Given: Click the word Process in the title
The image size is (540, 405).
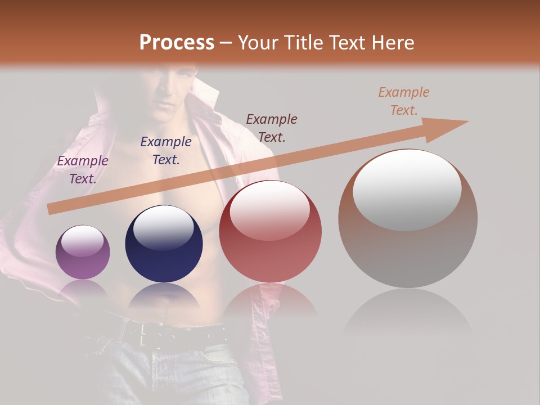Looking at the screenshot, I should [x=177, y=42].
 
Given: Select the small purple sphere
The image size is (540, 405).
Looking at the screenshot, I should [x=83, y=253].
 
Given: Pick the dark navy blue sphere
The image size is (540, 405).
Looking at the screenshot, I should [x=164, y=245].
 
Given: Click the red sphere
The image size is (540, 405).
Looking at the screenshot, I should [x=270, y=232].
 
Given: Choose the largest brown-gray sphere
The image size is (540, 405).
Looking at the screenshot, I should [x=408, y=219].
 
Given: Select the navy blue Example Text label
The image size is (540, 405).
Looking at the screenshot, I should [x=166, y=151].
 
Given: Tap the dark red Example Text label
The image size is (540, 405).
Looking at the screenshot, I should [x=272, y=128].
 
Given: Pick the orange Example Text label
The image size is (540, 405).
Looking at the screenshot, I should [x=404, y=101].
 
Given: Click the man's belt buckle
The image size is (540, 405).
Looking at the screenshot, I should [x=150, y=334].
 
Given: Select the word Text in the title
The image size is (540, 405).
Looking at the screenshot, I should [x=345, y=42].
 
